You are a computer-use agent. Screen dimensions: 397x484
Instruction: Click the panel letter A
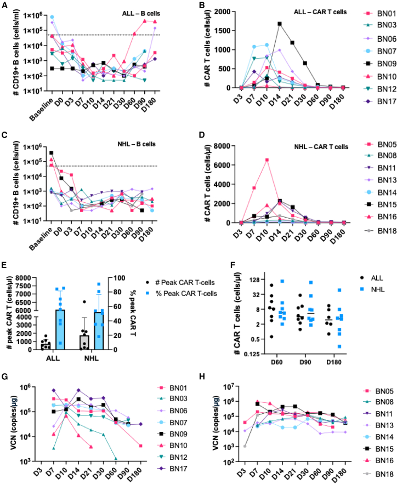(4, 5)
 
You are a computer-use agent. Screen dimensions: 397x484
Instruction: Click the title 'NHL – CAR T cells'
(321, 147)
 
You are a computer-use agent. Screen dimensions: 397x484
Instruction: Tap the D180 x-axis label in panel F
(334, 362)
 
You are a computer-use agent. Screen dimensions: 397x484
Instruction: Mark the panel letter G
(4, 377)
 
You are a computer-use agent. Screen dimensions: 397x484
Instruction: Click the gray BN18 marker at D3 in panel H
(245, 446)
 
